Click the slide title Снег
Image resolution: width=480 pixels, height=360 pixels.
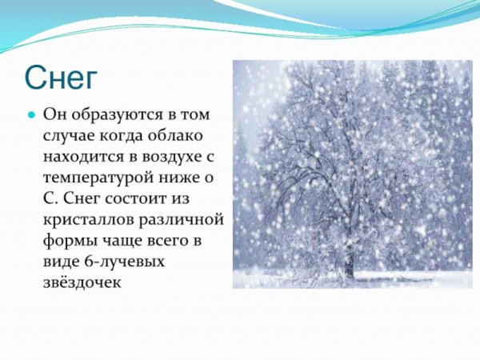tap(61, 78)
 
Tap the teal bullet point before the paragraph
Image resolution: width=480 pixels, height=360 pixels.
tap(33, 114)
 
